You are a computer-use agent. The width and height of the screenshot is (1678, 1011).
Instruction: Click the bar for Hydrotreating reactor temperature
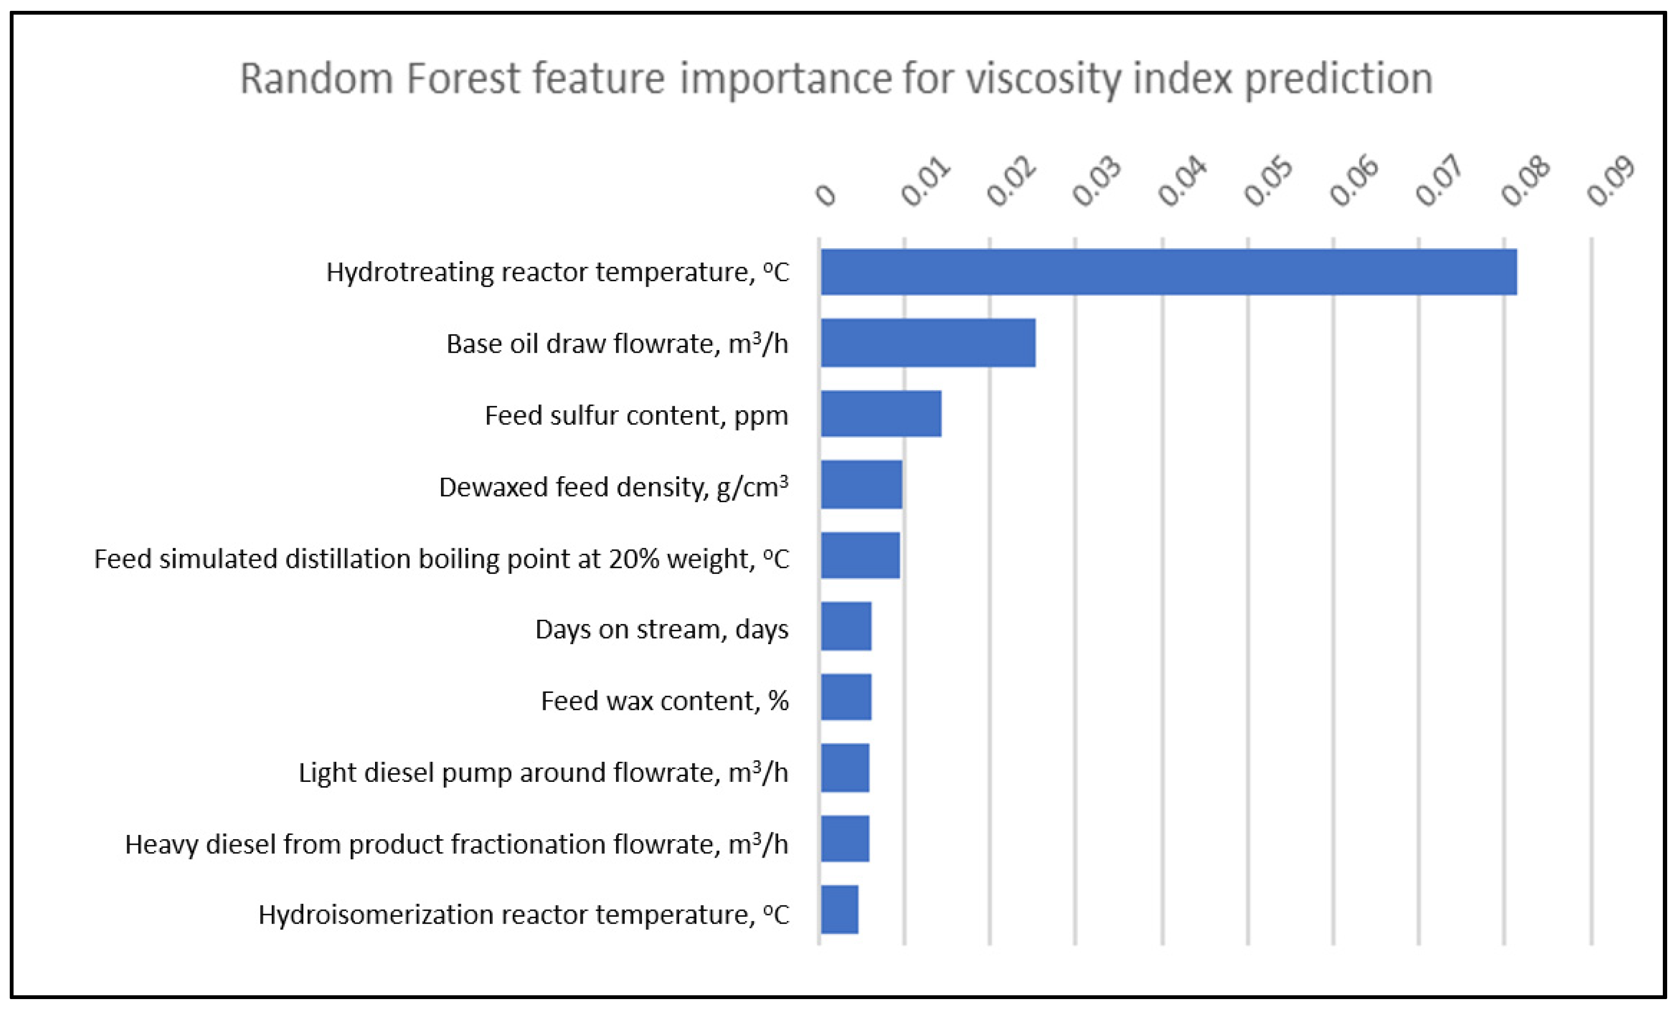coord(1169,271)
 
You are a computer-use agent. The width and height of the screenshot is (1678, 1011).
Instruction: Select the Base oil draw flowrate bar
coord(928,342)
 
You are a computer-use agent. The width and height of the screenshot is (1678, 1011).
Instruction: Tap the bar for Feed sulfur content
coord(881,413)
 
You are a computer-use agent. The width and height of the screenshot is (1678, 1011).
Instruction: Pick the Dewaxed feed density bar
coord(861,484)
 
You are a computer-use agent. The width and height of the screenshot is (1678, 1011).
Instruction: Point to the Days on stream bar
coord(846,626)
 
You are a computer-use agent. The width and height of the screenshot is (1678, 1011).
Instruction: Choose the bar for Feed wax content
coord(846,696)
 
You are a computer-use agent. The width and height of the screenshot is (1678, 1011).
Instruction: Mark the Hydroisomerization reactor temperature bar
coord(840,909)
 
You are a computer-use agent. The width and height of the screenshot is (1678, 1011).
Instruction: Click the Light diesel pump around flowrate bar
coord(845,767)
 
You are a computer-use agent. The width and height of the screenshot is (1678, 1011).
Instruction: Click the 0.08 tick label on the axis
coord(1526,182)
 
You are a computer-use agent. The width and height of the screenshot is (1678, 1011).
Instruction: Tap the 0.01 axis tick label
coord(926,182)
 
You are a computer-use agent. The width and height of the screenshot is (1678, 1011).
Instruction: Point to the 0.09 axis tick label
coord(1611,182)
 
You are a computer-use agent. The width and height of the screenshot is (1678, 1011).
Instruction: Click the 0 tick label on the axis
coord(825,196)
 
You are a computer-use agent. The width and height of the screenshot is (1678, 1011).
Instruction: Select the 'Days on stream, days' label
coord(662,629)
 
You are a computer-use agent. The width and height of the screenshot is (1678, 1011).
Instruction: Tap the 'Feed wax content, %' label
coord(664,701)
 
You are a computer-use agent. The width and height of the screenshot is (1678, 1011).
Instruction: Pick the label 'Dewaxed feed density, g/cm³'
coord(614,487)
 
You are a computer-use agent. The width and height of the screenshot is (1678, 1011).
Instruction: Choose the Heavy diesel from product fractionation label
coord(456,844)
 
